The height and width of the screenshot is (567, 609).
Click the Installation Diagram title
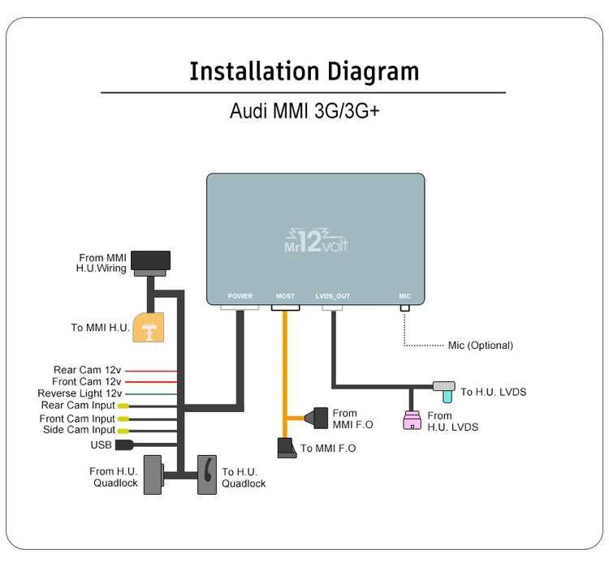point(304,71)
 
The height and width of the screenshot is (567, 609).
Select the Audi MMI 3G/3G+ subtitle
point(304,111)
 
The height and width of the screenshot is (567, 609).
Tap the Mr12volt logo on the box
point(315,239)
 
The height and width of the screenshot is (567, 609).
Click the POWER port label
point(240,297)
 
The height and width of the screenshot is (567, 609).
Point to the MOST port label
point(285,297)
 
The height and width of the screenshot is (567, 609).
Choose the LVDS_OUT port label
point(332,297)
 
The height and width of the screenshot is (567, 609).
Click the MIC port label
point(404,297)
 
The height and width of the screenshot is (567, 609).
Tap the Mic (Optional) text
point(480,346)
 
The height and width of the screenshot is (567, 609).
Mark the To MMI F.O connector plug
point(287,447)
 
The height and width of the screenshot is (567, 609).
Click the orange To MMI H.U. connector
point(148,328)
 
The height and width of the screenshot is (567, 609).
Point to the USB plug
point(124,445)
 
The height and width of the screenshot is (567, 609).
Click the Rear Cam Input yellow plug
point(123,406)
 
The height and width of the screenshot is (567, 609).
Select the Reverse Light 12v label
point(79,393)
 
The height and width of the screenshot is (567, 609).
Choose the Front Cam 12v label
point(87,381)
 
